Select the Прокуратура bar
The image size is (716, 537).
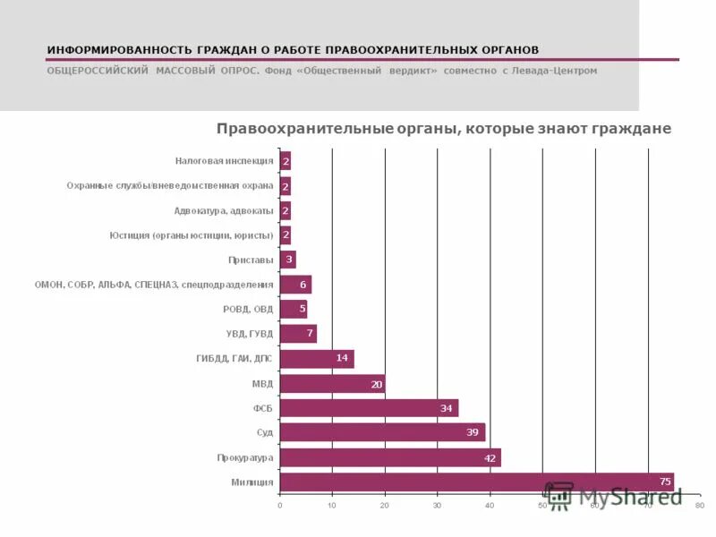point(390,457)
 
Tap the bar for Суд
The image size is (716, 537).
point(382,432)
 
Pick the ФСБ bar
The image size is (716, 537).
point(369,408)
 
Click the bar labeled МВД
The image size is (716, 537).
point(332,383)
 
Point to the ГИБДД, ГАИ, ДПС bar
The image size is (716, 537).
point(317,358)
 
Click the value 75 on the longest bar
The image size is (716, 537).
point(665,482)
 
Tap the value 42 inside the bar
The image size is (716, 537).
point(491,457)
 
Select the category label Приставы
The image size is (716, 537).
point(251,260)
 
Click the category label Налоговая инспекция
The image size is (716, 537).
point(224,161)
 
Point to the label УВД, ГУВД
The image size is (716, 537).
point(250,334)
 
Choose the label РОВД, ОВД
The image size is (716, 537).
point(248,309)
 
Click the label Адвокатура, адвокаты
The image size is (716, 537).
point(224,210)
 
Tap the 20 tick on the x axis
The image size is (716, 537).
point(385,506)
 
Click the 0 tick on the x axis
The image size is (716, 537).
point(280,506)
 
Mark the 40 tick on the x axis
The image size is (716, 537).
point(490,506)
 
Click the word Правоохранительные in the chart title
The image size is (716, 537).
point(294,129)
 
